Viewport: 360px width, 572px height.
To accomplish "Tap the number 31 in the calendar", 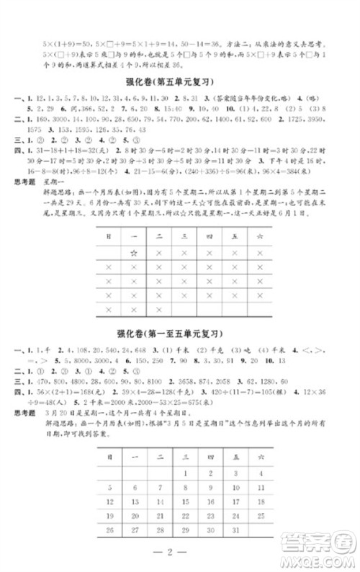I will tap(234, 530).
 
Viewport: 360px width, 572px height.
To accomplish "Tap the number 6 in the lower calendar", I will tap(134, 487).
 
